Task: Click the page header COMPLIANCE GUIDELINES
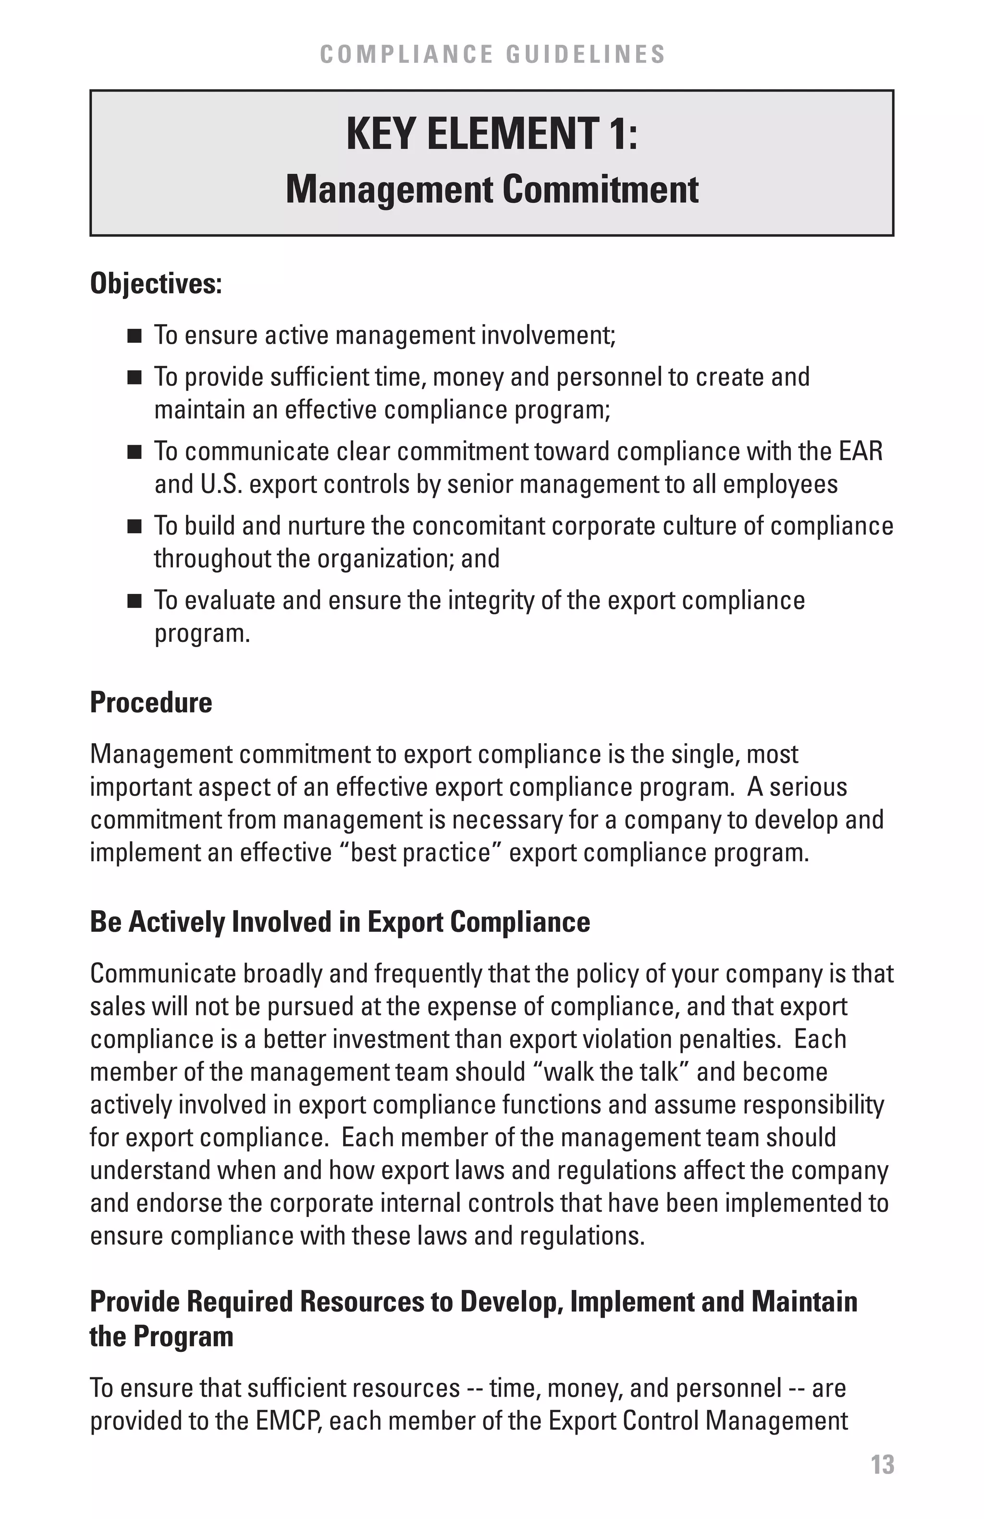click(x=492, y=54)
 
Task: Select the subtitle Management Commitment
click(x=492, y=190)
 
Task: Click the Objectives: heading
click(x=156, y=283)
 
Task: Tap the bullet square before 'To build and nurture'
click(x=134, y=527)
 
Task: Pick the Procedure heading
click(x=151, y=702)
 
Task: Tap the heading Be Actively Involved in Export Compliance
click(x=340, y=922)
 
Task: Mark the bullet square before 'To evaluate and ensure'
click(x=134, y=601)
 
